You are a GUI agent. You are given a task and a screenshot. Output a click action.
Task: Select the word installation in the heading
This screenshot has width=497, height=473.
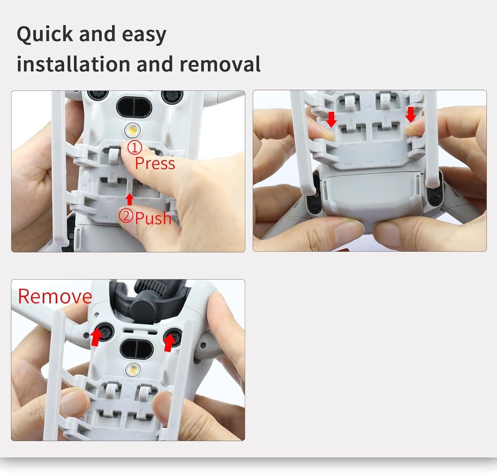pyautogui.click(x=73, y=64)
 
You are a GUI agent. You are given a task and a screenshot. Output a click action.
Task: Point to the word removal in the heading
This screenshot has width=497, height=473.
pyautogui.click(x=220, y=64)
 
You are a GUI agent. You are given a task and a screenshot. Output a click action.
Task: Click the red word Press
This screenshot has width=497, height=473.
pyautogui.click(x=155, y=163)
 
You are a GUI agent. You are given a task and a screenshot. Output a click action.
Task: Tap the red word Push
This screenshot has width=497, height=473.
pyautogui.click(x=153, y=218)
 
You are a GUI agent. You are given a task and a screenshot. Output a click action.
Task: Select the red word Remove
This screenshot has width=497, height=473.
pyautogui.click(x=55, y=296)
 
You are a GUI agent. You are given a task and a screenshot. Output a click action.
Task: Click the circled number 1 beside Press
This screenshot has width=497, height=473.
pyautogui.click(x=135, y=148)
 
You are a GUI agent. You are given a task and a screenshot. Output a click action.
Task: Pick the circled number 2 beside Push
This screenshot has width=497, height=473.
pyautogui.click(x=126, y=216)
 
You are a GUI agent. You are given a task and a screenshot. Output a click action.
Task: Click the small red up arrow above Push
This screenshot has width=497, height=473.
pyautogui.click(x=130, y=199)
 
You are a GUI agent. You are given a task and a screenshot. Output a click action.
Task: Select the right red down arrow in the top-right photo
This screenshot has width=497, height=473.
pyautogui.click(x=411, y=115)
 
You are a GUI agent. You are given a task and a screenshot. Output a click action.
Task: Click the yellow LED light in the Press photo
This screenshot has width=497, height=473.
pyautogui.click(x=133, y=130)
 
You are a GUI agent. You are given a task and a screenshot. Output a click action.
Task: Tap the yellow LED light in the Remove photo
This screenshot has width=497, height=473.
pyautogui.click(x=133, y=370)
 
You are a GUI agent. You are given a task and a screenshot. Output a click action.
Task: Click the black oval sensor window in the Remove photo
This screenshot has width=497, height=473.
pyautogui.click(x=137, y=349)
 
